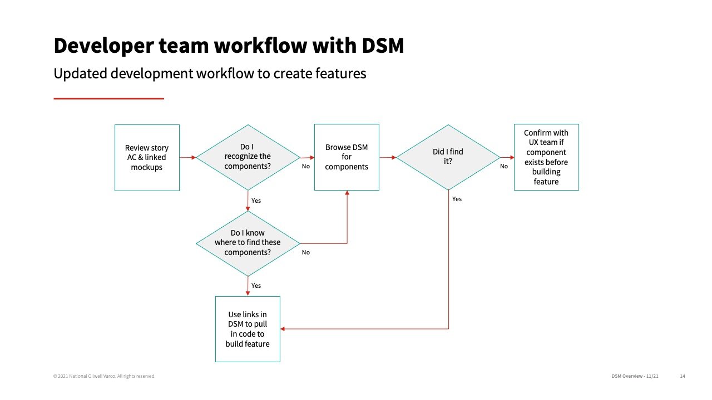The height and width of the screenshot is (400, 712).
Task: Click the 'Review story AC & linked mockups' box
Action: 147,157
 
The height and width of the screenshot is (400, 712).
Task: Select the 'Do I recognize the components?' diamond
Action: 248,157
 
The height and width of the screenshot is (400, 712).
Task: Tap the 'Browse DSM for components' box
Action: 347,157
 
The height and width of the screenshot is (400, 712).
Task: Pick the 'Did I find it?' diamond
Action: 448,157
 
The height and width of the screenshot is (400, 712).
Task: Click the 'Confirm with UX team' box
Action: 546,157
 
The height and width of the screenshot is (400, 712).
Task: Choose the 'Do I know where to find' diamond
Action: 248,243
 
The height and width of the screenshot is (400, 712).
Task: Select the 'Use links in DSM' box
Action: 248,329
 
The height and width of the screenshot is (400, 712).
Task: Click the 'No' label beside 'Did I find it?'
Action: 504,166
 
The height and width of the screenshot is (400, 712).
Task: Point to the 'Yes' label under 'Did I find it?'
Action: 457,199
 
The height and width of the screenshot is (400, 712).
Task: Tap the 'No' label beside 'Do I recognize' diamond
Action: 306,166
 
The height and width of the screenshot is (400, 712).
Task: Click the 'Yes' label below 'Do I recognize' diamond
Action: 256,201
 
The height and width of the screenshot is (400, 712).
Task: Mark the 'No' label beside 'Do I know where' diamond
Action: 306,252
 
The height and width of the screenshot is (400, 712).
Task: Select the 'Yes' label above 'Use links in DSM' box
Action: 256,286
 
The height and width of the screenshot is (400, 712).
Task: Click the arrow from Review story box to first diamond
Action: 188,157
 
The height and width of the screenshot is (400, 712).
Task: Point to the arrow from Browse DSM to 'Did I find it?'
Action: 388,157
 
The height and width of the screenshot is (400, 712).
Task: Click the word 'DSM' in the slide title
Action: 383,46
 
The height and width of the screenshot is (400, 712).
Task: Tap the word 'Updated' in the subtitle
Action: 80,74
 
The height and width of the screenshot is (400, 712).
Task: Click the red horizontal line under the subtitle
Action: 108,98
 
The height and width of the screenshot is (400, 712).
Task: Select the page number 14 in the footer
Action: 683,376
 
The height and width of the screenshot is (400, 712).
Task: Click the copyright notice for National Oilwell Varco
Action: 104,376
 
